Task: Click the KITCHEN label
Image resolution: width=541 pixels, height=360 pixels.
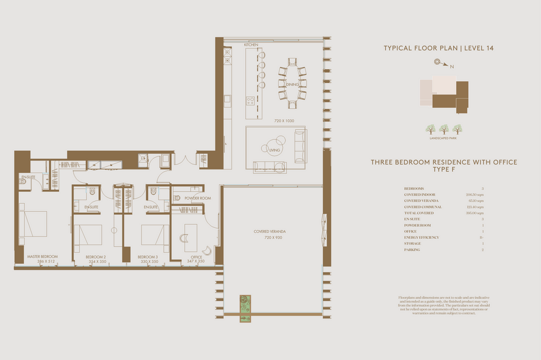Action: pyautogui.click(x=251, y=45)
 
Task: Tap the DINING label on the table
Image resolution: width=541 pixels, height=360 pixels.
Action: pyautogui.click(x=292, y=84)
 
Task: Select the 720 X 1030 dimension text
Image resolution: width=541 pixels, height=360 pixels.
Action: pyautogui.click(x=284, y=121)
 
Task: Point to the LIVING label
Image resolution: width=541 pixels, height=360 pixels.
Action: pyautogui.click(x=275, y=150)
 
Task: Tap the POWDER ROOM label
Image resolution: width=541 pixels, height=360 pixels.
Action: pyautogui.click(x=198, y=198)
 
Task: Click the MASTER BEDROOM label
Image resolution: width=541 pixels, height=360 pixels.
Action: pyautogui.click(x=42, y=257)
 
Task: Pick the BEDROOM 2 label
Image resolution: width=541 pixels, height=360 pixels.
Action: pyautogui.click(x=96, y=257)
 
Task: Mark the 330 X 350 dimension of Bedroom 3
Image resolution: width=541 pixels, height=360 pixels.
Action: pyautogui.click(x=148, y=261)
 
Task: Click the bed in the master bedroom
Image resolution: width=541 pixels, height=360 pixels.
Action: pyautogui.click(x=33, y=224)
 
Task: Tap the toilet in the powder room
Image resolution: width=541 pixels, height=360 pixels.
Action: pyautogui.click(x=177, y=198)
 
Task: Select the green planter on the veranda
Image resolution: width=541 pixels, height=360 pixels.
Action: pyautogui.click(x=245, y=308)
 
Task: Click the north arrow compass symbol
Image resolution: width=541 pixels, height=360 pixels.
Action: pyautogui.click(x=438, y=62)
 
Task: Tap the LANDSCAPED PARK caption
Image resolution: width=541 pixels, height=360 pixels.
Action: pyautogui.click(x=444, y=138)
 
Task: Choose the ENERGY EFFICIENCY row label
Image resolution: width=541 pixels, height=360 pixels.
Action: pyautogui.click(x=421, y=238)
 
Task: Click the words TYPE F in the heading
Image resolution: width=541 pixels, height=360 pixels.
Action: pyautogui.click(x=444, y=170)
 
